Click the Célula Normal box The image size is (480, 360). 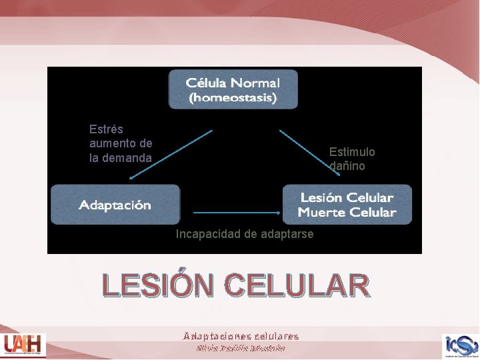point(233,89)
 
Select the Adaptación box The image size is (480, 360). point(115,205)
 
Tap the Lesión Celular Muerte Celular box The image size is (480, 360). point(347,205)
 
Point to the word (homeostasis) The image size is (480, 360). point(233,98)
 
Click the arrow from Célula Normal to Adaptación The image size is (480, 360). point(171,154)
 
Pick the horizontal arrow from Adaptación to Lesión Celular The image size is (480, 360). point(237,212)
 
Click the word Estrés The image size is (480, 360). point(106,129)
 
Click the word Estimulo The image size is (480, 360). point(352,152)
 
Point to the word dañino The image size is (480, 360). point(347,166)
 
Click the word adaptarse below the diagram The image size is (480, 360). point(287,234)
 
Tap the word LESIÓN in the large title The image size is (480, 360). point(159,286)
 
